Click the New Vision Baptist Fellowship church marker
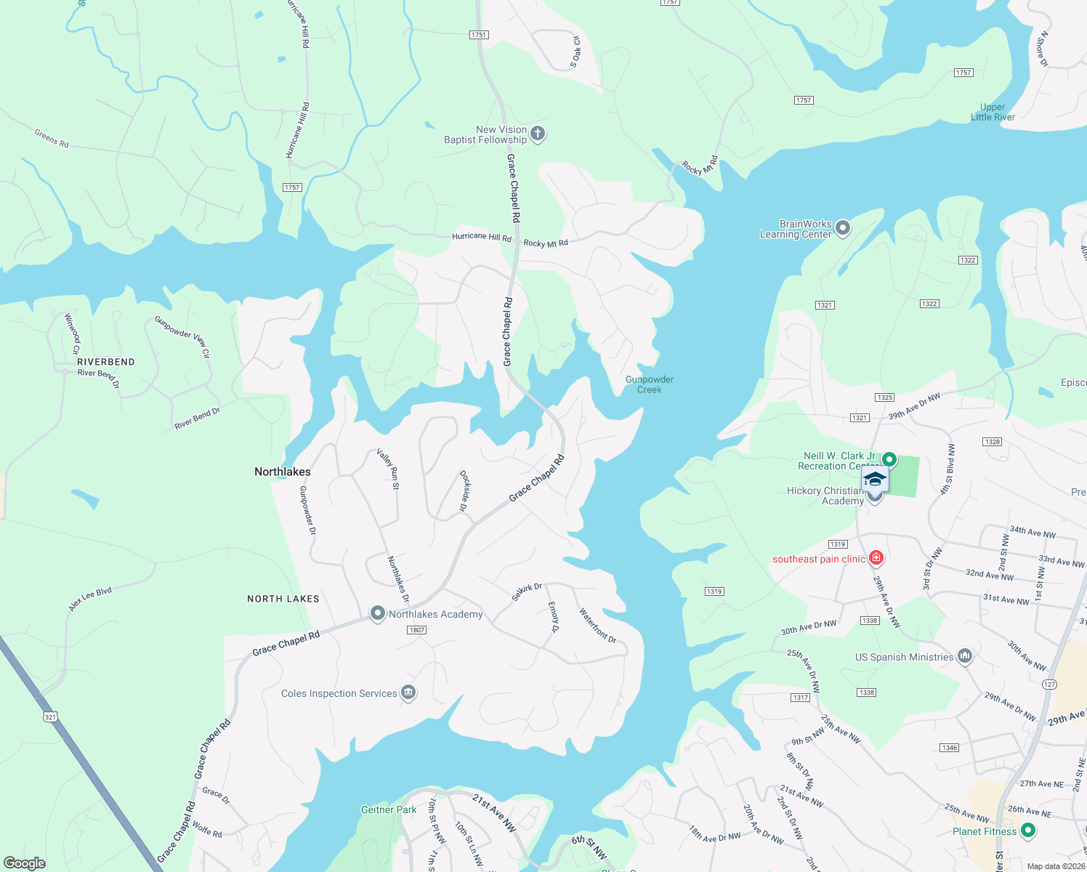point(538,134)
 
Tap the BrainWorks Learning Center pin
point(843,228)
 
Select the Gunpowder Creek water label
point(650,384)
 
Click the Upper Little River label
point(993,112)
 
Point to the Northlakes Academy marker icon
point(377,613)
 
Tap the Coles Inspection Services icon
point(408,693)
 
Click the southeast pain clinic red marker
point(876,558)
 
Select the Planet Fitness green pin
point(1027,830)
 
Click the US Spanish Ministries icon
point(965,656)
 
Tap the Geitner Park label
point(389,810)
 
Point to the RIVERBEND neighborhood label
point(106,362)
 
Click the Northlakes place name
point(283,472)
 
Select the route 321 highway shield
point(49,716)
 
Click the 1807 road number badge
point(416,630)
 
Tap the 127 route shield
point(1049,685)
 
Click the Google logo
point(24,863)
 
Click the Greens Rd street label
point(52,138)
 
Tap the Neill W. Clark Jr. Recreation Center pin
point(889,460)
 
